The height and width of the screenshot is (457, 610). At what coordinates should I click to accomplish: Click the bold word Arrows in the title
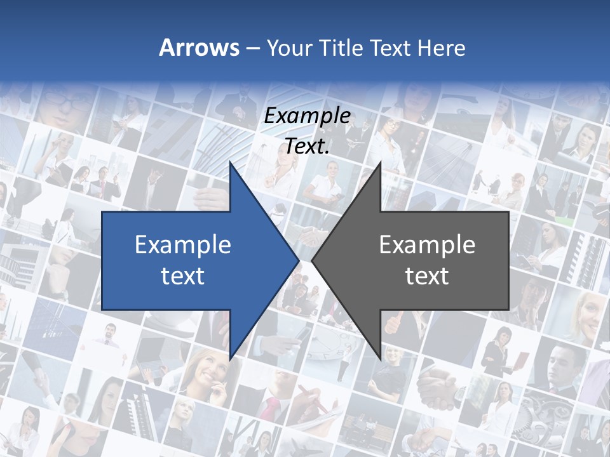pyautogui.click(x=200, y=48)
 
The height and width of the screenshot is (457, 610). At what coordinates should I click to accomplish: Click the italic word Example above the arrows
pyautogui.click(x=307, y=116)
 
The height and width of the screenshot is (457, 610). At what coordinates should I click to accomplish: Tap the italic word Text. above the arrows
pyautogui.click(x=307, y=146)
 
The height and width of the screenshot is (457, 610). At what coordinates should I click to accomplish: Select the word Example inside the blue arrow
pyautogui.click(x=183, y=244)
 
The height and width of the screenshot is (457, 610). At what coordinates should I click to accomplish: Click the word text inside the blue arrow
pyautogui.click(x=183, y=275)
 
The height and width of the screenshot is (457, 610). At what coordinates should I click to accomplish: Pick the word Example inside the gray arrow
pyautogui.click(x=427, y=244)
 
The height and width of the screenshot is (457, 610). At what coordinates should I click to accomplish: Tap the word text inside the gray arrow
pyautogui.click(x=427, y=275)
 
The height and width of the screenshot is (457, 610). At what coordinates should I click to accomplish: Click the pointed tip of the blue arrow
pyautogui.click(x=299, y=261)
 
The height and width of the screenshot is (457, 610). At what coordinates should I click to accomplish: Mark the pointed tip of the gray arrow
pyautogui.click(x=312, y=261)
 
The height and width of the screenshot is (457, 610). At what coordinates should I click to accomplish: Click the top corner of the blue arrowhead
pyautogui.click(x=230, y=162)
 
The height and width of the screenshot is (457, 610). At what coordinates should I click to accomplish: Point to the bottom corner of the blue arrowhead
pyautogui.click(x=230, y=359)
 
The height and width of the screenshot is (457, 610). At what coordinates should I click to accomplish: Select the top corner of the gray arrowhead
pyautogui.click(x=381, y=162)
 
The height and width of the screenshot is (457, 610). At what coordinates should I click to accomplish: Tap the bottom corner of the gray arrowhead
pyautogui.click(x=381, y=359)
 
